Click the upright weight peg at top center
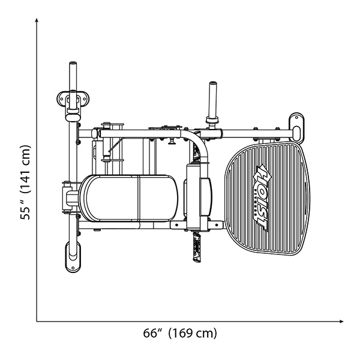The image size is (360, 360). click(x=211, y=99)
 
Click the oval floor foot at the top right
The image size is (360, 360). click(x=297, y=125)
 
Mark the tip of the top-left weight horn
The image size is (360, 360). click(x=73, y=64)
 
